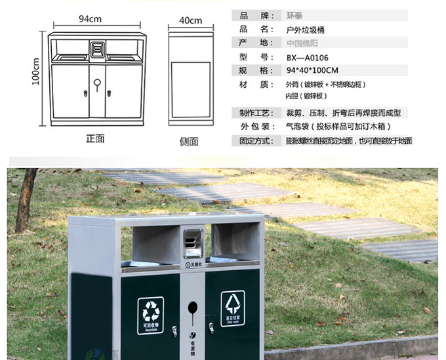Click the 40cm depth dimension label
tap(191, 20)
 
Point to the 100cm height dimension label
tap(37, 71)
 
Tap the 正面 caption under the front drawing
tap(95, 138)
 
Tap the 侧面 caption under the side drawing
tap(190, 141)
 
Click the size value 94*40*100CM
tap(312, 70)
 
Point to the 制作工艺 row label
tap(254, 112)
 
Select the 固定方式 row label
tap(254, 140)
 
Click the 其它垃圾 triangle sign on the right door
tap(232, 304)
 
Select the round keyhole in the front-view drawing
tap(97, 83)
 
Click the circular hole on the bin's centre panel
tap(192, 307)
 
